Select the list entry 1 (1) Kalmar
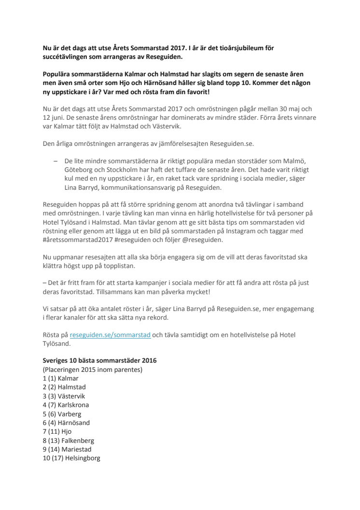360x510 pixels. (x=61, y=378)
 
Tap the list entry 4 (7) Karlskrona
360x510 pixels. (x=66, y=405)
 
